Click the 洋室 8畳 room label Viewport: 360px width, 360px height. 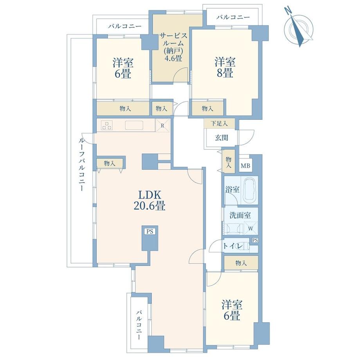(x=224, y=67)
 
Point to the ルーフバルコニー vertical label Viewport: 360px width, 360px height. (x=82, y=164)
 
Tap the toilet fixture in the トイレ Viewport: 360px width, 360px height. (x=245, y=246)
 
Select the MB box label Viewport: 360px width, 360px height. (x=245, y=166)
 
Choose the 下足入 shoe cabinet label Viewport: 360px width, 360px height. (x=219, y=123)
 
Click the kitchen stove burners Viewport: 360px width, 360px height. (x=107, y=126)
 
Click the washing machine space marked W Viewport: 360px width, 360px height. (x=250, y=228)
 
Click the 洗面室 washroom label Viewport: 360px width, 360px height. (x=240, y=215)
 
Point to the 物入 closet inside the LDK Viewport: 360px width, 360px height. (x=109, y=163)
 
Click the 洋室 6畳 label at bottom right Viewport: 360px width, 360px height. (x=231, y=310)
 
